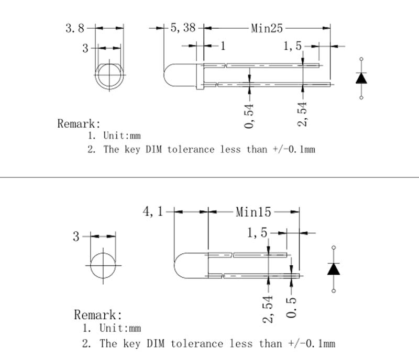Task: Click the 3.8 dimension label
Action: [x=74, y=28]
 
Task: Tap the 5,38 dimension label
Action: [x=183, y=28]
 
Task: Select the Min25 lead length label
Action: [x=267, y=28]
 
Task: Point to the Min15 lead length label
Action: [x=253, y=212]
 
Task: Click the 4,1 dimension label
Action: [x=153, y=212]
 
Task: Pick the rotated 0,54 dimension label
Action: [x=249, y=115]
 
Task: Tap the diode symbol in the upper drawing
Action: [x=361, y=78]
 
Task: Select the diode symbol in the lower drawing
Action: [x=334, y=269]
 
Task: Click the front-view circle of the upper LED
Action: [x=109, y=76]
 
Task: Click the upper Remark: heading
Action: [x=79, y=124]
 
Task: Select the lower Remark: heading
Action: [x=98, y=315]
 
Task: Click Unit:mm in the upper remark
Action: [x=122, y=136]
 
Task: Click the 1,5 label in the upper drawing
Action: [x=293, y=47]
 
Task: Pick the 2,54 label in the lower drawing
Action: [x=268, y=309]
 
